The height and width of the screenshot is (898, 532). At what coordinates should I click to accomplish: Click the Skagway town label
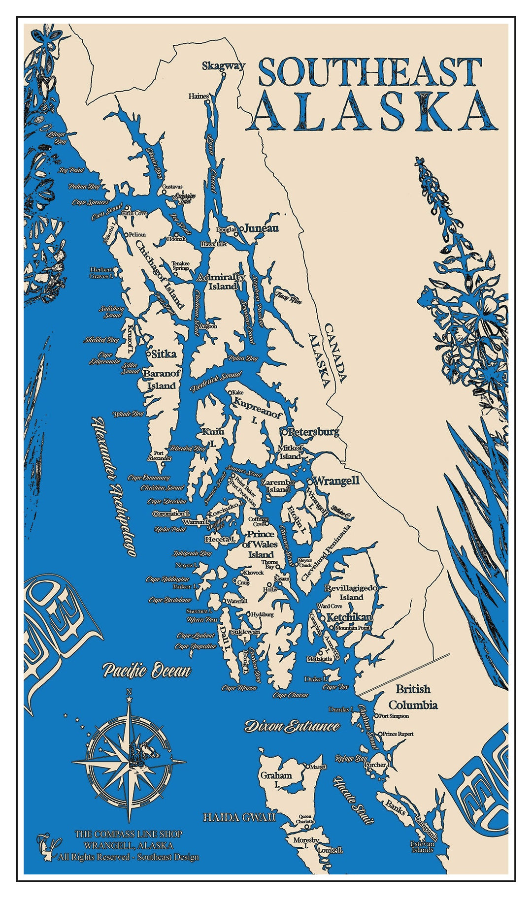pos(223,65)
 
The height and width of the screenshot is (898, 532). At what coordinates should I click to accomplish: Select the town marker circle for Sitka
pos(148,353)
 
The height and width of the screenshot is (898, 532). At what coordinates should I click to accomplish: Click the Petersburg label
pos(314,432)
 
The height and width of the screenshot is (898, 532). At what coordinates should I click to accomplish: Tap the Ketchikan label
pos(349,617)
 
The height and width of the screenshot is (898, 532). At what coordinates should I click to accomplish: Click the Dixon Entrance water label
pos(293,726)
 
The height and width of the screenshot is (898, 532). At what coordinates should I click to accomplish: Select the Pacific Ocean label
pos(146,671)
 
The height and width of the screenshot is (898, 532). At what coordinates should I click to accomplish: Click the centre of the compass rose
pos(129,762)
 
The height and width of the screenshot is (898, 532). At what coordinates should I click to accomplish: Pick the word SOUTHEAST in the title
pos(369,72)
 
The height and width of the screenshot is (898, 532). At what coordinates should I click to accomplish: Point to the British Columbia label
pos(413,697)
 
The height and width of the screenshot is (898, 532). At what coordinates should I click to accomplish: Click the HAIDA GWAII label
pos(239,818)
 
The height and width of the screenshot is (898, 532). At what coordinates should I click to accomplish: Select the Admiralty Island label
pos(221,282)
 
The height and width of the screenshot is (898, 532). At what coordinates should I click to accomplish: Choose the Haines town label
pos(199,96)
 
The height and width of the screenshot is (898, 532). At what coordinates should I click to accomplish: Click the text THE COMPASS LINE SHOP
pos(128,834)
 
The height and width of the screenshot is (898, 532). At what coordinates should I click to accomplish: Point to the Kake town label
pos(238,393)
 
